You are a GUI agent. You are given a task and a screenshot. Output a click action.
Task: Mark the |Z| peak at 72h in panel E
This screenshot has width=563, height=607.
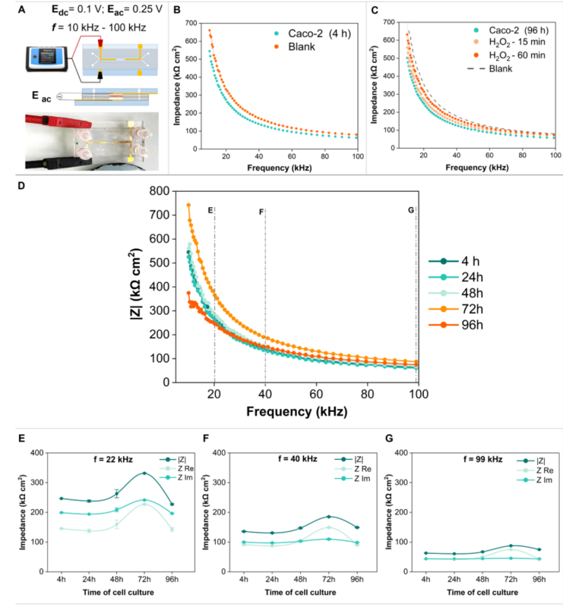pyautogui.click(x=144, y=473)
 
